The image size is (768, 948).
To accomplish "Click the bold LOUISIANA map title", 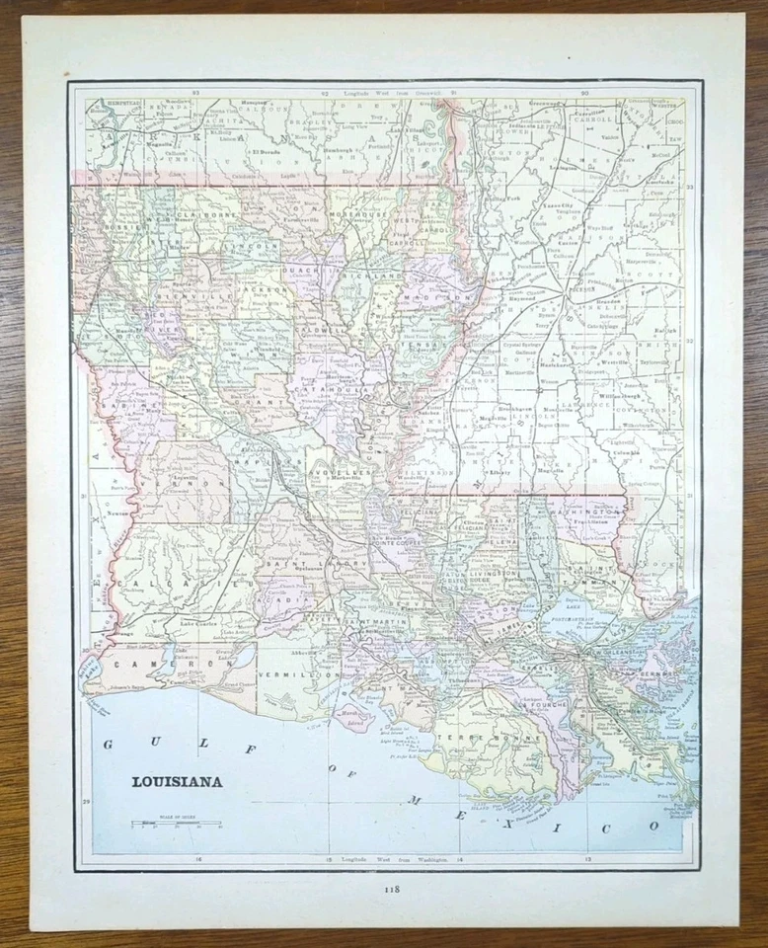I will coord(178,782).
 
